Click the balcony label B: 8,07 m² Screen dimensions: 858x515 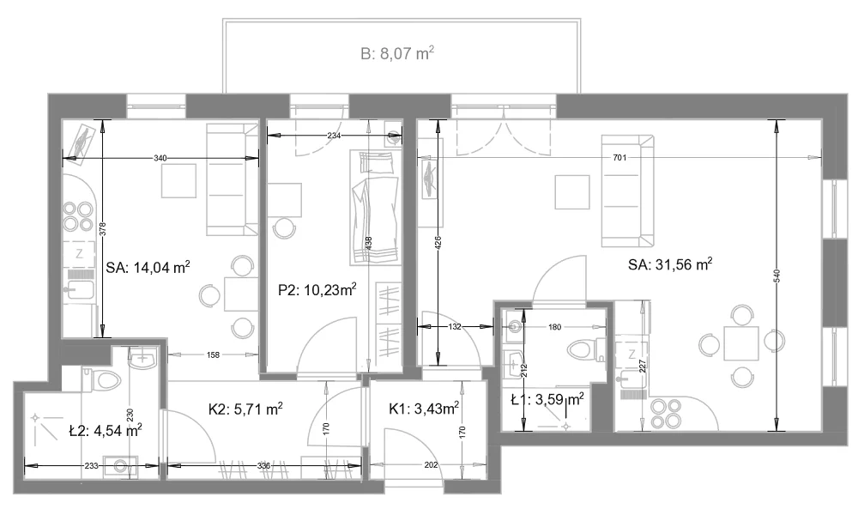coord(397,53)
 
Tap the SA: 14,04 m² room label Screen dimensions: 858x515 coord(148,268)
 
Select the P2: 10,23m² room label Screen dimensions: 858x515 coord(317,289)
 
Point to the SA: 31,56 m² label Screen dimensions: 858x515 coord(670,264)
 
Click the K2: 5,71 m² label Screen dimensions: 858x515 coord(245,409)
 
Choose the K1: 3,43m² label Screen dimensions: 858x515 coord(424,409)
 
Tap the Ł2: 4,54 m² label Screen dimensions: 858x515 coord(106,431)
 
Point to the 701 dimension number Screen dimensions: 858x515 coord(619,158)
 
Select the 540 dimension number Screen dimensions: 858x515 coord(777,276)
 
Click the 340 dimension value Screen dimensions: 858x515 coord(160,158)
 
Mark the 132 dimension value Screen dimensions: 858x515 coord(455,327)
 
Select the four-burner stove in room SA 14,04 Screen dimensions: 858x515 coord(78,216)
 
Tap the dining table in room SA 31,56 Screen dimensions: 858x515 coord(741,343)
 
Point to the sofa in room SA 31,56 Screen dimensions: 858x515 coord(628,191)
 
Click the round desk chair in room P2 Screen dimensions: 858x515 coord(283,227)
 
